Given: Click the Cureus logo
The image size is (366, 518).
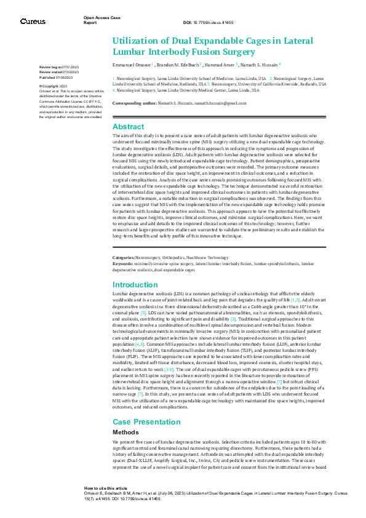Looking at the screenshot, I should (33, 22).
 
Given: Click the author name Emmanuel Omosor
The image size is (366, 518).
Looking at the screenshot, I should (131, 65).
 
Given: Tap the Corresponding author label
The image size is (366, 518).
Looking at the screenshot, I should (133, 103).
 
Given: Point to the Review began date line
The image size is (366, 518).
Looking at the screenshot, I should (59, 67).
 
